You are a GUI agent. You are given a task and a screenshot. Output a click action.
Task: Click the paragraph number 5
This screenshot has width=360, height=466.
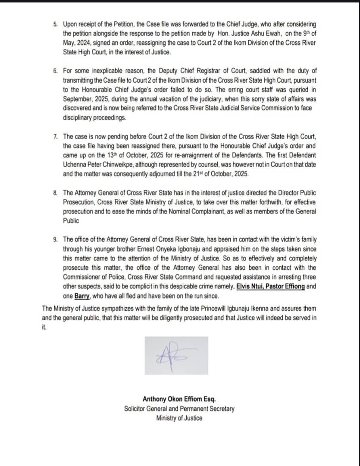tap(55, 25)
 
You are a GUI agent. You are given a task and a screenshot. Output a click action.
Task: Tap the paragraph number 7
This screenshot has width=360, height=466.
tap(55, 136)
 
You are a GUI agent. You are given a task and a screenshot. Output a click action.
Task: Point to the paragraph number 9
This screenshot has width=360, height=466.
tap(55, 239)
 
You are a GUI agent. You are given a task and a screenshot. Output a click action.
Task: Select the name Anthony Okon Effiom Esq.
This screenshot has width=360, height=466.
tap(179, 400)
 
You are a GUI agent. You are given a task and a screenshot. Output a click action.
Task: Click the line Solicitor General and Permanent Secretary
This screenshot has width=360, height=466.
tap(179, 409)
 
